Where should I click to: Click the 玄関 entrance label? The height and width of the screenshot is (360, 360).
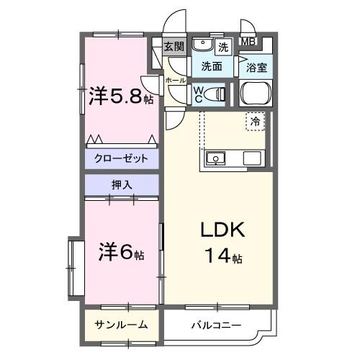coord(174,47)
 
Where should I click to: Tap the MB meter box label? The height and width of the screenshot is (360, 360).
coord(248,42)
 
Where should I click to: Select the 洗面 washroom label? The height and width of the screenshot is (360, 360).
coord(211,67)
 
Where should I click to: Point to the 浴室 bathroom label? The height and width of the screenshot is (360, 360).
coord(257,68)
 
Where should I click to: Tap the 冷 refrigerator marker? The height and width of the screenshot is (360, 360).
coord(256,122)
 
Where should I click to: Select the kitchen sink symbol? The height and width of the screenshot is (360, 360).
coord(215,158)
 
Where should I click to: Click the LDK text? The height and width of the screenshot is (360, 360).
coord(223,231)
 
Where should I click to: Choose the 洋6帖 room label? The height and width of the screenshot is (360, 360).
coord(121,253)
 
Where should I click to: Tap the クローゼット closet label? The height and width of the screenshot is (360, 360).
coord(121,158)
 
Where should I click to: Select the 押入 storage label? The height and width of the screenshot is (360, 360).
coord(121,185)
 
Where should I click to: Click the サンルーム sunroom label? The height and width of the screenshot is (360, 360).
coord(121,325)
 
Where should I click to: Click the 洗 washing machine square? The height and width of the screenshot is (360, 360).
coord(223,48)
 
